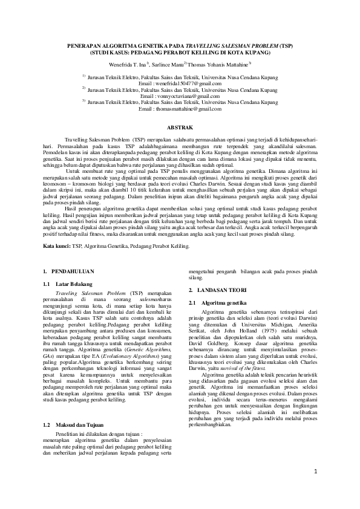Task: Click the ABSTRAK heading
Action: click(x=180, y=127)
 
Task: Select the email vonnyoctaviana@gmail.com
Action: click(x=188, y=96)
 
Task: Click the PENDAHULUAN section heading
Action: click(x=73, y=273)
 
